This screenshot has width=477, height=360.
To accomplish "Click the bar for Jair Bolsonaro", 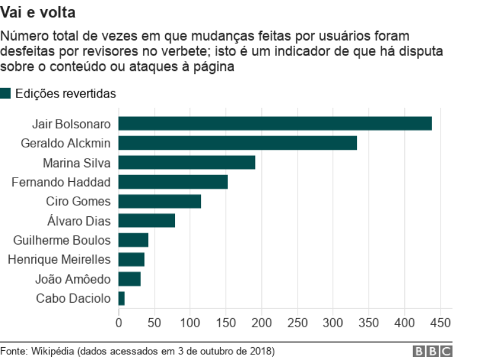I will [275, 123].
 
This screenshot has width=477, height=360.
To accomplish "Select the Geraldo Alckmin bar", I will [237, 143].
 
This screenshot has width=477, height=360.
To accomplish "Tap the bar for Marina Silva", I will [187, 163].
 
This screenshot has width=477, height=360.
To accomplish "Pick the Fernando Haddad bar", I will [173, 182].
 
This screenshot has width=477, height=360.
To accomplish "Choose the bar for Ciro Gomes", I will [160, 202].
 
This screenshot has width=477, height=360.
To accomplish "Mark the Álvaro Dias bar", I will [147, 221].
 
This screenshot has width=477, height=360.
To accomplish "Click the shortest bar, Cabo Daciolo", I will [121, 299].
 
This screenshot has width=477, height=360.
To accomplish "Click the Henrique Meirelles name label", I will [59, 260].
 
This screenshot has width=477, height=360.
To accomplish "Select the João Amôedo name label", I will [78, 279].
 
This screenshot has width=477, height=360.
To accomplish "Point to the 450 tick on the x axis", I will [441, 322].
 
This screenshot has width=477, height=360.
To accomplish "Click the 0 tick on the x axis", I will [119, 322].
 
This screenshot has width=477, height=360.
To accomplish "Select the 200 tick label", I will [262, 322].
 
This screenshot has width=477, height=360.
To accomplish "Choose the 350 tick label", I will [369, 322].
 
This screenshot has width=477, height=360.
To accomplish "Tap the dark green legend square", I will [6, 94].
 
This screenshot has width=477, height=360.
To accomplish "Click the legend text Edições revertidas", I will [66, 94].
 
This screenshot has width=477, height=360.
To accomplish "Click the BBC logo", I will [433, 351].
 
